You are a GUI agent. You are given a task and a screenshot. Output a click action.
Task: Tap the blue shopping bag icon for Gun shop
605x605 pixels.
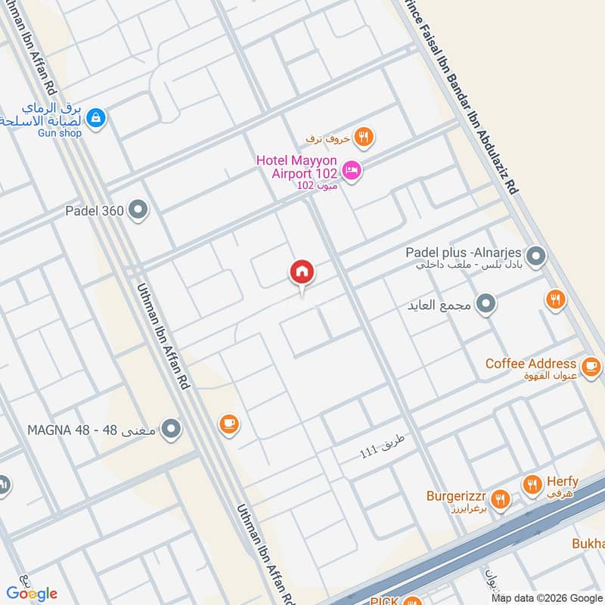[x=95, y=117]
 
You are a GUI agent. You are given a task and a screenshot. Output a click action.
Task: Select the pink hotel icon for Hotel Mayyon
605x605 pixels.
[x=352, y=171]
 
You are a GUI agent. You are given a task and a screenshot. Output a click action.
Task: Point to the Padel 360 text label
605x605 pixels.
[x=95, y=211]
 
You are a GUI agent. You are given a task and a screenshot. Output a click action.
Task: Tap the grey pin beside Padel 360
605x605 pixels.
[x=138, y=210]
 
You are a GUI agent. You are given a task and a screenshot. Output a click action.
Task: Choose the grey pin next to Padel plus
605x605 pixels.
[x=536, y=256]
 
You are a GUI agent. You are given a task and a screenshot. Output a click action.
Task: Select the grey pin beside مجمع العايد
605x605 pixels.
[x=487, y=305]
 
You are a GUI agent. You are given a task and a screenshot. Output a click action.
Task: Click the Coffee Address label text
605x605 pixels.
[x=531, y=364]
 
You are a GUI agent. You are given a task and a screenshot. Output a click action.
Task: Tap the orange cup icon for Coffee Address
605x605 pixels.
[x=590, y=365]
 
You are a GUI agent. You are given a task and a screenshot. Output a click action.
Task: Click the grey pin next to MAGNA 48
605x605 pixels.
[x=172, y=430]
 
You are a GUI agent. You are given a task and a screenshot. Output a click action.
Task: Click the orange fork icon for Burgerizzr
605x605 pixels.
[x=499, y=498]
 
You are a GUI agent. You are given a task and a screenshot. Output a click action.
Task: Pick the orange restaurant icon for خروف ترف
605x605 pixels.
[x=365, y=138]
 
